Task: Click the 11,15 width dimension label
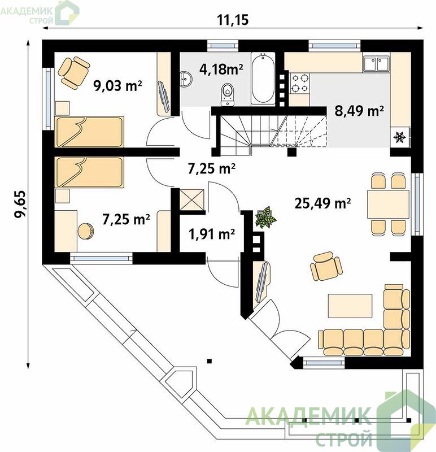point(232,20)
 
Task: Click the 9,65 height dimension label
point(20,204)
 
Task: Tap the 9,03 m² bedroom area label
point(118,86)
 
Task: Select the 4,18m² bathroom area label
point(221,69)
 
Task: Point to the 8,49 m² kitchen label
point(359,111)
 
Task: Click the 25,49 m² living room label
point(322,203)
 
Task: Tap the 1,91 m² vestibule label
point(212,234)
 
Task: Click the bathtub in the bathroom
point(263,78)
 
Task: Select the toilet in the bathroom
point(228,94)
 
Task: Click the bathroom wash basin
point(186,79)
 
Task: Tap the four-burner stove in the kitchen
point(299,83)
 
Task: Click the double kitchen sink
point(376,63)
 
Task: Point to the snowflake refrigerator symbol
point(400,137)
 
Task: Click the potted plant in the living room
point(265,218)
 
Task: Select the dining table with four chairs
point(388,204)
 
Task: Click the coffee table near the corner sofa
point(350,306)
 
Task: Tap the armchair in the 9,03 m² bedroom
point(74,72)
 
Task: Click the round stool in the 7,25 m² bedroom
point(85,231)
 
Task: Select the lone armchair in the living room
point(326,266)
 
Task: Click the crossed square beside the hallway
point(191,200)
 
